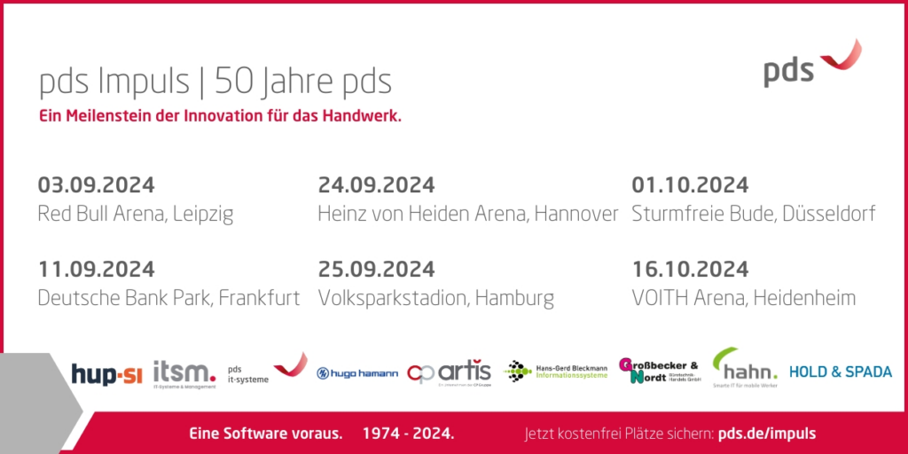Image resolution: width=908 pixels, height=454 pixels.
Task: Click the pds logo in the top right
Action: coord(810,64)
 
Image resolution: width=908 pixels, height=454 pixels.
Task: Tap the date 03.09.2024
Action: coord(96,185)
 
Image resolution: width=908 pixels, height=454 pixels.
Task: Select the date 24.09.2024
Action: coord(376,185)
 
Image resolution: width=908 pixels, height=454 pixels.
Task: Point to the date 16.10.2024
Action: coord(690,269)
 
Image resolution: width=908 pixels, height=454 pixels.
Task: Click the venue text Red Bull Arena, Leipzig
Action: coord(135,214)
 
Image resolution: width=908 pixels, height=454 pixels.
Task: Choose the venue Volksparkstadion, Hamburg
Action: coord(435,298)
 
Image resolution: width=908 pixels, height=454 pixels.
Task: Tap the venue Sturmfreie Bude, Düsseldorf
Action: coord(754,214)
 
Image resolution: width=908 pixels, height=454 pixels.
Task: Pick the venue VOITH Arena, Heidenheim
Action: coord(743,298)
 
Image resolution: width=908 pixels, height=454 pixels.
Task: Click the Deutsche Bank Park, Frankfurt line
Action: coord(168,298)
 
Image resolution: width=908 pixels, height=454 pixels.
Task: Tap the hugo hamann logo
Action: coord(357,373)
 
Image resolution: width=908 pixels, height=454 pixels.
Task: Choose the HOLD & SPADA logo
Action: coord(841,372)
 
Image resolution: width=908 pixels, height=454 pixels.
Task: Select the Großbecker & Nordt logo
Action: coord(660,371)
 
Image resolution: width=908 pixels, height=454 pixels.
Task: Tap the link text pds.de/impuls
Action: coord(766,434)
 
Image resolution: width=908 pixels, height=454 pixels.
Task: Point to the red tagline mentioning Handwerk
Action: coord(220,116)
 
